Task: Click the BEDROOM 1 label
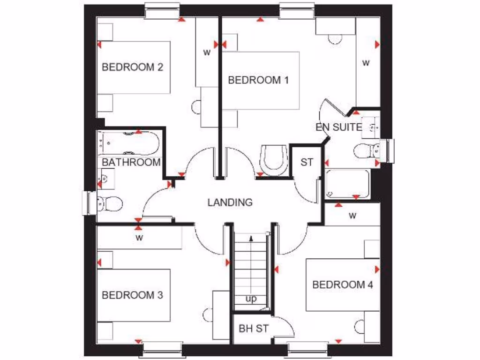pos(258,80)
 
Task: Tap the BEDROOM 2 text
pos(132,67)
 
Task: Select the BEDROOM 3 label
pos(132,295)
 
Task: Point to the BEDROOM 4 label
pos(343,285)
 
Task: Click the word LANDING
pos(230,202)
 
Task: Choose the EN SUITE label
pos(338,127)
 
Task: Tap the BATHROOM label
pos(131,162)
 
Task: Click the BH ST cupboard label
pos(254,329)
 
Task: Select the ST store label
pos(307,163)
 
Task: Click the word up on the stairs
pos(251,299)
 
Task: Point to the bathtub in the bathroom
pos(129,143)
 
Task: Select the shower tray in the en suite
pos(347,184)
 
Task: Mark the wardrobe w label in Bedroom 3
pos(139,238)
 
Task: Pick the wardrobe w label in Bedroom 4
pos(352,216)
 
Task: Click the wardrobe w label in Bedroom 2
pos(206,52)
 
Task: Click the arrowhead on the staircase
pos(252,238)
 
